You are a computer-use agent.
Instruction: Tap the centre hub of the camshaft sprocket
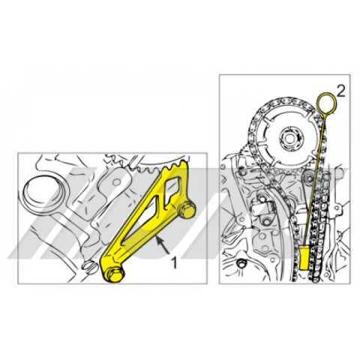tap(286, 139)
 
